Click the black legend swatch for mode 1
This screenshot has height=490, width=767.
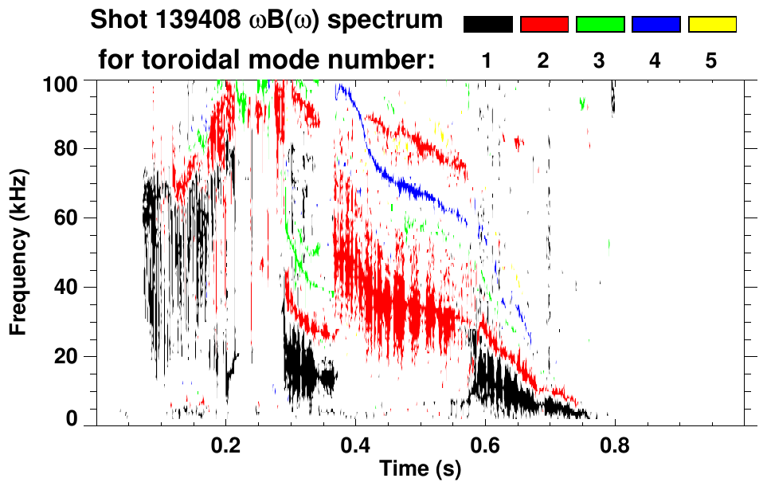[x=488, y=25]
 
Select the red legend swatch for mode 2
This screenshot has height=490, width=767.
[x=544, y=25]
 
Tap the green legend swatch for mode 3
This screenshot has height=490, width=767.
[x=600, y=25]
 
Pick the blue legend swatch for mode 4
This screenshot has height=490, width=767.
[x=655, y=25]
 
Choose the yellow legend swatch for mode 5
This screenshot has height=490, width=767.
[x=712, y=25]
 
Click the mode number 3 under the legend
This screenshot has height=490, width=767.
[x=600, y=61]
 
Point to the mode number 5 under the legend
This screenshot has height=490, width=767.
[x=711, y=61]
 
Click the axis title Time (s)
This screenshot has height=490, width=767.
[x=420, y=469]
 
